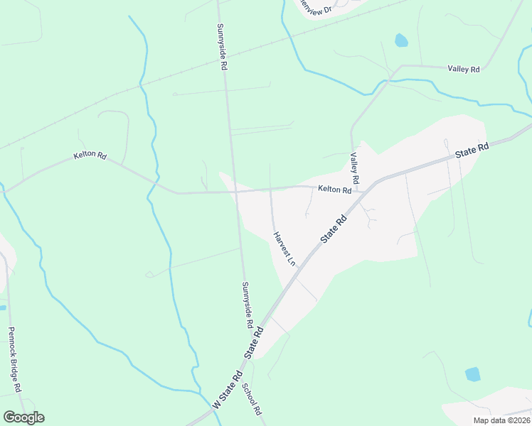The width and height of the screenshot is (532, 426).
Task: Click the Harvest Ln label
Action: pyautogui.click(x=282, y=248)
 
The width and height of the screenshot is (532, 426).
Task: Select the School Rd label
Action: pyautogui.click(x=252, y=400)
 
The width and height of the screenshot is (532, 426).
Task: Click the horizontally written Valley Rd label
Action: pyautogui.click(x=464, y=69)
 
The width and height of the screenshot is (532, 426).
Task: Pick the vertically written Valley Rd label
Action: pyautogui.click(x=353, y=168)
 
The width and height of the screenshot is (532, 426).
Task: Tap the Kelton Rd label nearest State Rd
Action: pyautogui.click(x=335, y=190)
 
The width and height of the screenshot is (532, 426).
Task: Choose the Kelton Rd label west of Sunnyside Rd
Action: pyautogui.click(x=90, y=155)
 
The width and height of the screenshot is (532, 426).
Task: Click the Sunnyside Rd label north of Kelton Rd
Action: pyautogui.click(x=222, y=45)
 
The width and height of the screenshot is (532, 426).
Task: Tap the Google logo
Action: pyautogui.click(x=23, y=417)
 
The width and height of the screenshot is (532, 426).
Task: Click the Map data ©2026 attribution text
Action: pyautogui.click(x=501, y=420)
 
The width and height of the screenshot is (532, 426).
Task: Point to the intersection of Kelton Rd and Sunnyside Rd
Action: pyautogui.click(x=235, y=192)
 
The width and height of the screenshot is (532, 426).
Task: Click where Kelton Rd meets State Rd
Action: pyautogui.click(x=365, y=191)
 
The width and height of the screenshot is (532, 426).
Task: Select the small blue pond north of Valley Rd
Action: pyautogui.click(x=401, y=40)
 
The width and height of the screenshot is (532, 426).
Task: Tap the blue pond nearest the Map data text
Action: pyautogui.click(x=472, y=373)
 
